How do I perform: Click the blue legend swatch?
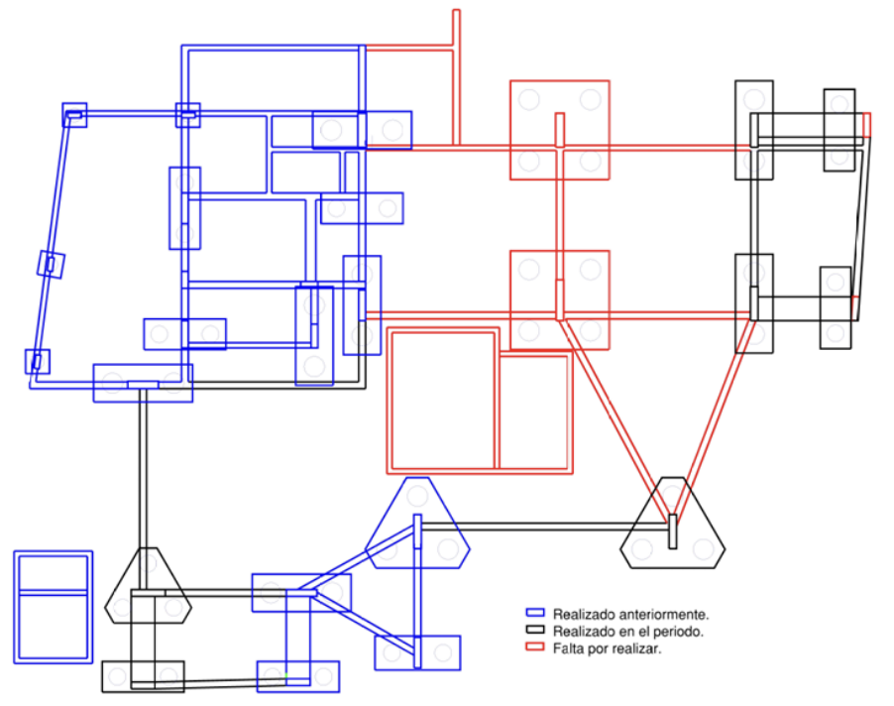coord(535,613)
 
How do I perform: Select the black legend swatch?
coord(535,630)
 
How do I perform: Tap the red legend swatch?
coord(535,647)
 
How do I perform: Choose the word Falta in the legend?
coord(566,648)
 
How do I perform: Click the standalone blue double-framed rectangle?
coord(53,607)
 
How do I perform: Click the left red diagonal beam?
coord(614,420)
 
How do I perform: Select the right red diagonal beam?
coord(715,420)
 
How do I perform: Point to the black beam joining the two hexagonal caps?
coord(544,527)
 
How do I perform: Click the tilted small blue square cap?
coord(51,265)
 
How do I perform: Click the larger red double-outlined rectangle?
coord(442,401)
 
